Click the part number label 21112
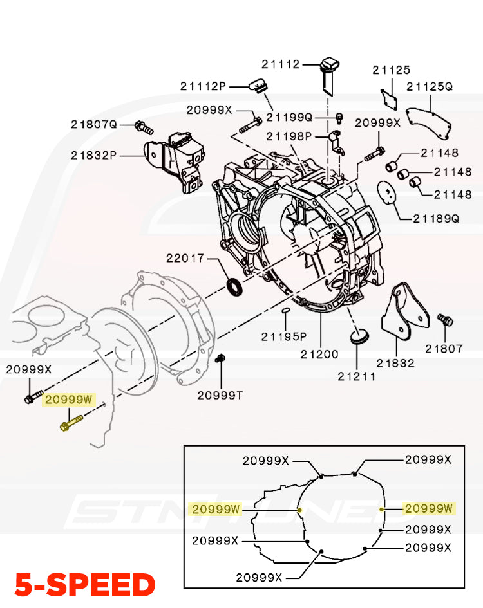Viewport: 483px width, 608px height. tap(281, 64)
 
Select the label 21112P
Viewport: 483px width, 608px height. tap(204, 86)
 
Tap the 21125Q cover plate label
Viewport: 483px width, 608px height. tap(430, 86)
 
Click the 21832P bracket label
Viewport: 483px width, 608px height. tap(94, 154)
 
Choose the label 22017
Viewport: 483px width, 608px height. tap(185, 258)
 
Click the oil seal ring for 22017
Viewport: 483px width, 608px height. tap(236, 287)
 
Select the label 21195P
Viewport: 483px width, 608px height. tap(284, 336)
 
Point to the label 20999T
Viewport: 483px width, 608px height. tap(220, 395)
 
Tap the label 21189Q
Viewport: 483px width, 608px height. tap(436, 219)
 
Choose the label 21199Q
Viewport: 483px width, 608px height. tap(289, 117)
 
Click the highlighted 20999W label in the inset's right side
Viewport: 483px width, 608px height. tap(428, 509)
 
